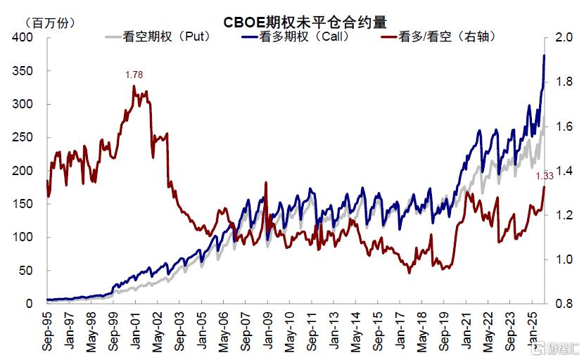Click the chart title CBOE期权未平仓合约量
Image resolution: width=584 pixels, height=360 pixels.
[306, 21]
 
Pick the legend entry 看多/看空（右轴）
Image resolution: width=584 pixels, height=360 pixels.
[443, 37]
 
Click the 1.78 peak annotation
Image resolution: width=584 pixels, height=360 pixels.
[133, 75]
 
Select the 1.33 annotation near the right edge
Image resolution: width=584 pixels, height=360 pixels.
[545, 176]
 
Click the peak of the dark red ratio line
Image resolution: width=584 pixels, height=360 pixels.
[134, 86]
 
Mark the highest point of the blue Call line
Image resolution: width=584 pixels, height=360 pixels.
[544, 56]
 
